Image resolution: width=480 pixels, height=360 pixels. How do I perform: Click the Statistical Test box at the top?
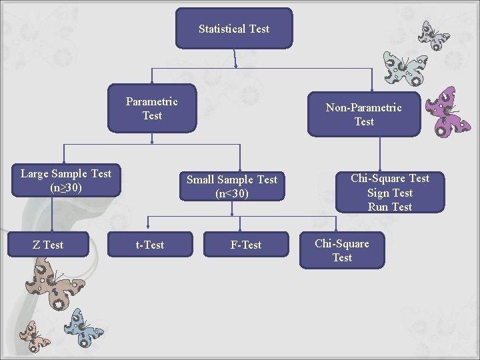click(x=234, y=29)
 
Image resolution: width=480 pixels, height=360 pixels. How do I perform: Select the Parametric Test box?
click(x=152, y=109)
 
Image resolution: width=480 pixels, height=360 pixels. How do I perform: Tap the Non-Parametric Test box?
click(x=364, y=115)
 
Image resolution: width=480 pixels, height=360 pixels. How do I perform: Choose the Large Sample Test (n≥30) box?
click(x=66, y=181)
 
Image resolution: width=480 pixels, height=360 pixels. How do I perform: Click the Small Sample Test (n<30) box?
click(x=232, y=187)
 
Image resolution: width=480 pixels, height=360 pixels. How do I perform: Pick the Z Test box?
click(x=48, y=245)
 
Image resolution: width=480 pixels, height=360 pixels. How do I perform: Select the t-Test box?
click(x=150, y=245)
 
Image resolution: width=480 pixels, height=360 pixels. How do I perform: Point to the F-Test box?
click(x=246, y=245)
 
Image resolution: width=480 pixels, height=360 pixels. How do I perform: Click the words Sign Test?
click(x=390, y=193)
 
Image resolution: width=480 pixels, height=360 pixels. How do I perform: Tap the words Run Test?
click(x=390, y=207)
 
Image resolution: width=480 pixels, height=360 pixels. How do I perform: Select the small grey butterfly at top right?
click(x=434, y=35)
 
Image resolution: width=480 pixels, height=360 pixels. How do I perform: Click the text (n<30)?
click(x=232, y=193)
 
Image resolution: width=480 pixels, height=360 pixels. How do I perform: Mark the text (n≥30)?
click(x=66, y=187)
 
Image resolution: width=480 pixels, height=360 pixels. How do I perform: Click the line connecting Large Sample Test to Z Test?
click(x=53, y=213)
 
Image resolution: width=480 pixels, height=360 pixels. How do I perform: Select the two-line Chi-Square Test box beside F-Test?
click(x=342, y=250)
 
